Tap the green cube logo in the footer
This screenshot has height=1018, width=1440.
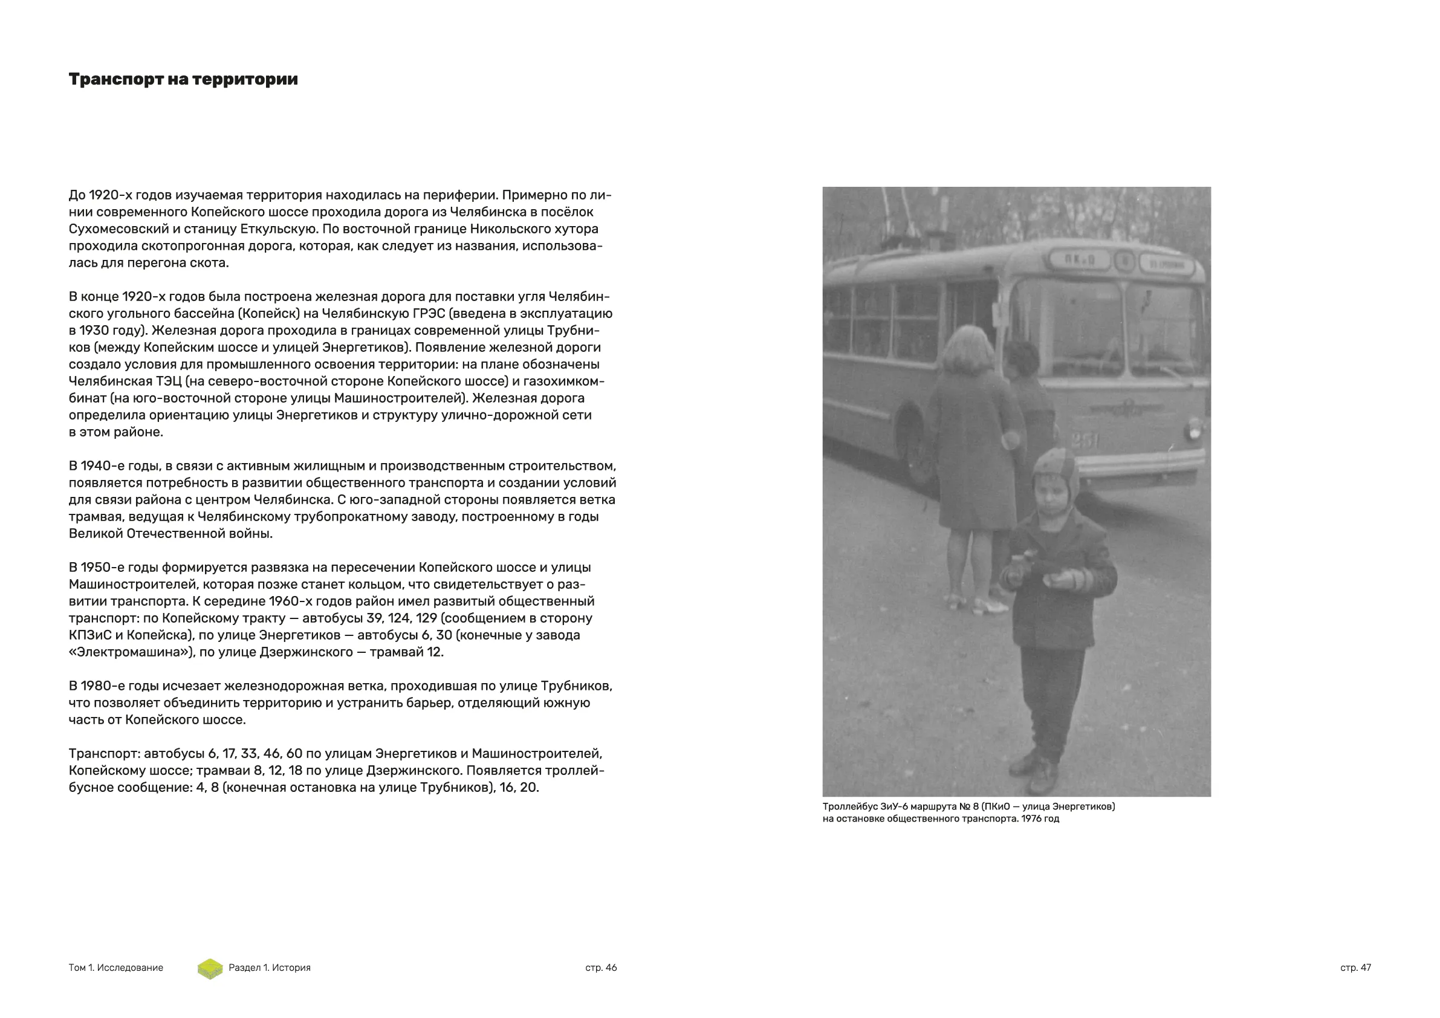point(210,968)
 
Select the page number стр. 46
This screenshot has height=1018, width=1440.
point(601,968)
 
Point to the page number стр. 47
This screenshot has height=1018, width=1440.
point(1355,968)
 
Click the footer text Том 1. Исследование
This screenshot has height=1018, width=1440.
point(115,968)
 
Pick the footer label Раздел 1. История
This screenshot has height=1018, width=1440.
point(269,968)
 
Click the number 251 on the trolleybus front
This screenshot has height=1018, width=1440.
point(1085,441)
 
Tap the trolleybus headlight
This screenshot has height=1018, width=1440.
point(1194,431)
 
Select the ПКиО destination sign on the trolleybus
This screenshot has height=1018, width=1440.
point(1080,259)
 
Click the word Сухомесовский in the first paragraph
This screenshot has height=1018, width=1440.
point(118,229)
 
